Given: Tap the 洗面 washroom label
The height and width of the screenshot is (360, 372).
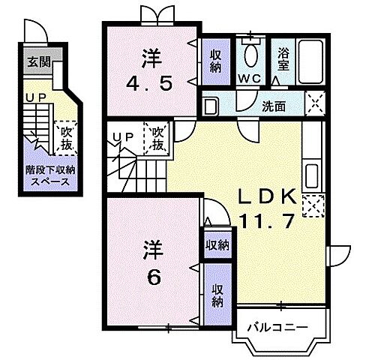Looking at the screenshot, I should (x=273, y=106).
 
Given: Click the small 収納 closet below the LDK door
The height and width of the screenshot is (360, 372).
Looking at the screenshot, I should (x=217, y=246).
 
